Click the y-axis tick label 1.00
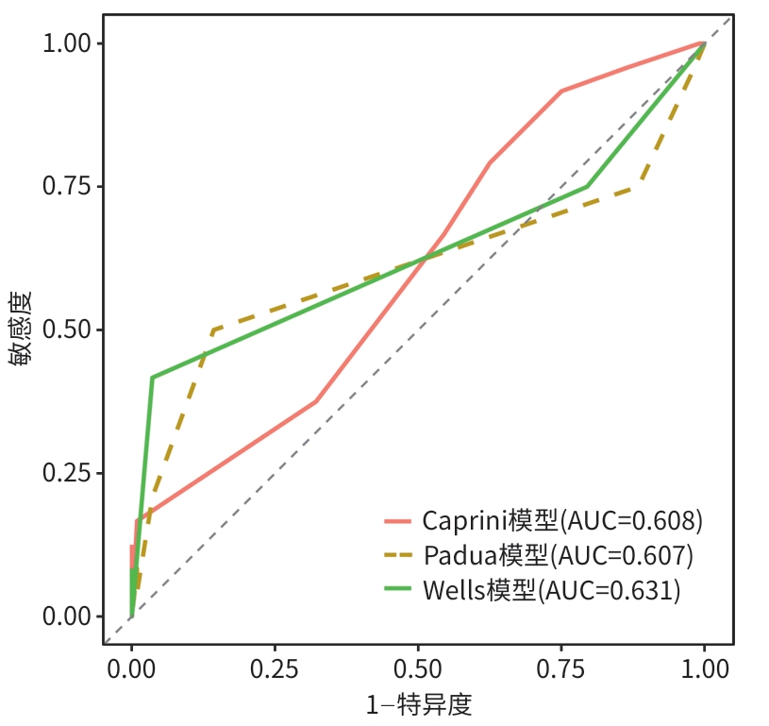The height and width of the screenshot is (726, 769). coord(66,43)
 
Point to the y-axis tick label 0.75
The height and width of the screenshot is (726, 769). coord(66,186)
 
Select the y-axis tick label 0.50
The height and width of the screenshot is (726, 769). coord(66,329)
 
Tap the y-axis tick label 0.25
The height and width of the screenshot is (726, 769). coord(66,472)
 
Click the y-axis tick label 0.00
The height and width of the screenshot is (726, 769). coord(66,616)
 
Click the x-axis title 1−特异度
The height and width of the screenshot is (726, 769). coord(418,704)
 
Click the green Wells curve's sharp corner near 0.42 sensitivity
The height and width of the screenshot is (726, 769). coord(152,378)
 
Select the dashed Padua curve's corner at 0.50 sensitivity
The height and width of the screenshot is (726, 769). coord(214,330)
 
